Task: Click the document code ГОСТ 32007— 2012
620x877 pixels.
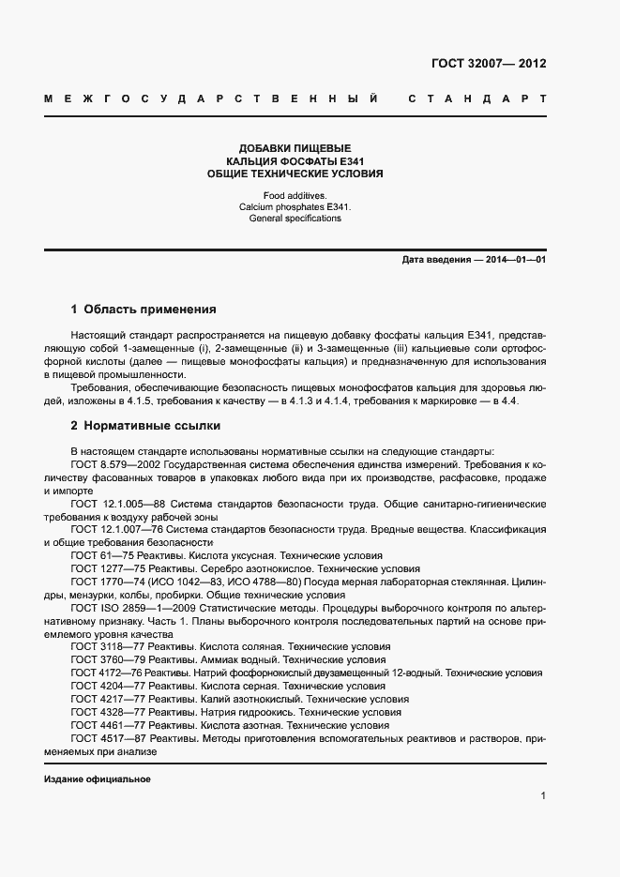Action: click(x=488, y=64)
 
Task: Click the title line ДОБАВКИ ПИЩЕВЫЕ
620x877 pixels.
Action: click(x=295, y=148)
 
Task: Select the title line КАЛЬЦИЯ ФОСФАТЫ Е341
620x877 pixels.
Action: click(x=295, y=161)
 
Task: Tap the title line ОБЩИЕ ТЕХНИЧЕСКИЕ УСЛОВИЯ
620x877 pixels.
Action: click(x=295, y=174)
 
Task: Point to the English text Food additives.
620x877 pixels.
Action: click(x=295, y=194)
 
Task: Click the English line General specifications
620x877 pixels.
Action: click(x=295, y=219)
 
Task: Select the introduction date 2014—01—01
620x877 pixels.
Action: click(x=515, y=259)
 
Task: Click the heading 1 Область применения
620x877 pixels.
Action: click(x=144, y=309)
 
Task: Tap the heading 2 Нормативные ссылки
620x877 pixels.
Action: click(x=145, y=425)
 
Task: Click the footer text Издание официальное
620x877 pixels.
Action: click(x=98, y=779)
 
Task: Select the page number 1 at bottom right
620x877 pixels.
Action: click(x=543, y=796)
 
